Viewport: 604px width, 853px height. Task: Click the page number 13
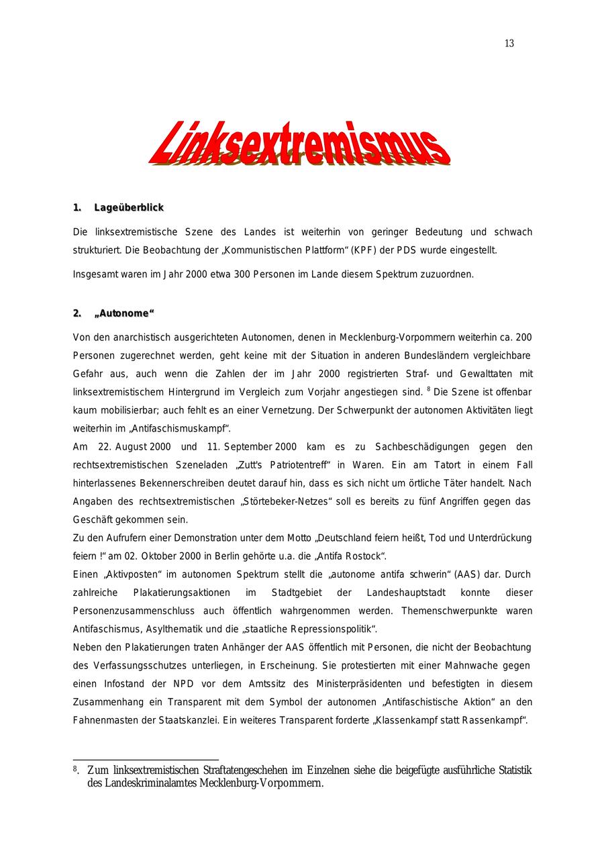[x=509, y=44]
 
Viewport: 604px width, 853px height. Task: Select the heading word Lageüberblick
[x=129, y=207]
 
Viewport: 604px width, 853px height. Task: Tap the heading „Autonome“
[x=125, y=313]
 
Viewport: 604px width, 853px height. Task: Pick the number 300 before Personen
[x=242, y=274]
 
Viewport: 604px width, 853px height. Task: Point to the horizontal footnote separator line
[x=146, y=760]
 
